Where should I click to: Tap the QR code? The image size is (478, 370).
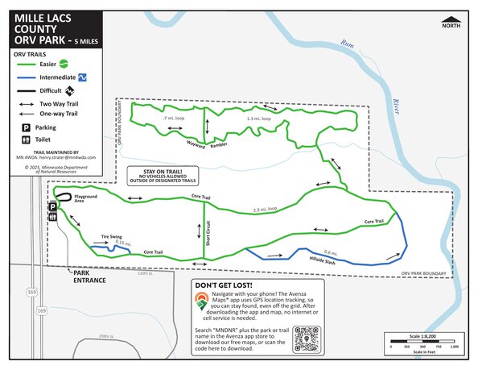click(308, 339)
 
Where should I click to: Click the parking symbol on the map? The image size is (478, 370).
click(53, 207)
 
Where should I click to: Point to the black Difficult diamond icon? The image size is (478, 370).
click(71, 90)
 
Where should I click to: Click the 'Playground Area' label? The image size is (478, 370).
click(85, 197)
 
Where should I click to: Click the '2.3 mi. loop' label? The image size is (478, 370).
click(265, 209)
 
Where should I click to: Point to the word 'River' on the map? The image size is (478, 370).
click(396, 104)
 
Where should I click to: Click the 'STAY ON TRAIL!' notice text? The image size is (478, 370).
click(163, 172)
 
